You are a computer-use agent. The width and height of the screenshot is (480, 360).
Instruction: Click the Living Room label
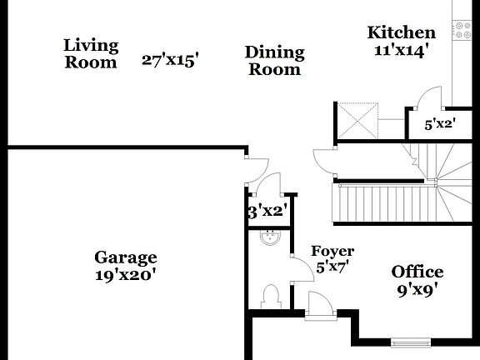[x=91, y=52]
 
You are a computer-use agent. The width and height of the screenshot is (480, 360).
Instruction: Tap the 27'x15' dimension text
[x=170, y=60]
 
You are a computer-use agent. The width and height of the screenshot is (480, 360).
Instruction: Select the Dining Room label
[x=274, y=61]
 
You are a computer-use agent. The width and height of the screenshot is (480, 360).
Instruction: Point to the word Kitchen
[x=402, y=32]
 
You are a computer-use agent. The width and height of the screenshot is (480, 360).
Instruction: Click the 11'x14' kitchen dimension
[x=402, y=49]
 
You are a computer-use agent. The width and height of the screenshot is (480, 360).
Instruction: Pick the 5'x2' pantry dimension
[x=439, y=125]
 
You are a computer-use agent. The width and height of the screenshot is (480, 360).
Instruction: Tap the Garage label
[x=125, y=257]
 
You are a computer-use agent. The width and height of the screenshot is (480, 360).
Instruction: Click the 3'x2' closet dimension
[x=267, y=211]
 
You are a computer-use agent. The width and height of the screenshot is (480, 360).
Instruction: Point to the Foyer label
[x=332, y=251]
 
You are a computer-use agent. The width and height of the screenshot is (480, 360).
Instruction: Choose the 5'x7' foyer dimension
[x=332, y=267]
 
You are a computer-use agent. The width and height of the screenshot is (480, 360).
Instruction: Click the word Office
[x=417, y=272]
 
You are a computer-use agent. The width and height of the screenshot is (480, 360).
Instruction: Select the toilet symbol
[x=269, y=296]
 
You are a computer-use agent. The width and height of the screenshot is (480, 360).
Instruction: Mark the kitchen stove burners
[x=463, y=30]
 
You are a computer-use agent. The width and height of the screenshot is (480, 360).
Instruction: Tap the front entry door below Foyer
[x=319, y=306]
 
